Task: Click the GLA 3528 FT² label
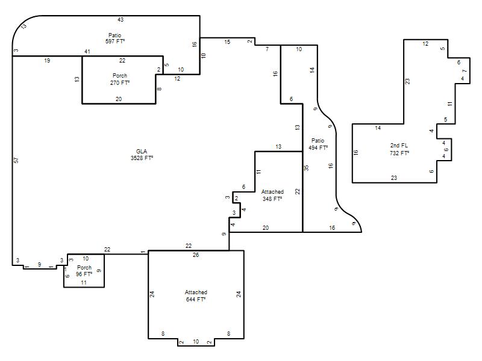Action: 142,155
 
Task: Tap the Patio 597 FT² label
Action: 115,39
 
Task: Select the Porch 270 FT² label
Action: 120,79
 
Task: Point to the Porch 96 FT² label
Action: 84,271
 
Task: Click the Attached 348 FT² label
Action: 272,195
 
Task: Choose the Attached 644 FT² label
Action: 196,295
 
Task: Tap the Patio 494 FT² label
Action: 318,144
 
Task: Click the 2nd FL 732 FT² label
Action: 399,149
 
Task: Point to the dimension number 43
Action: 120,20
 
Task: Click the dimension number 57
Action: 16,160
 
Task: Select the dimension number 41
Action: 87,52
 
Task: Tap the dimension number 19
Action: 47,61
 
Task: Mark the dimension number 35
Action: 306,168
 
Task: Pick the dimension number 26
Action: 196,255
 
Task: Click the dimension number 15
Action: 227,42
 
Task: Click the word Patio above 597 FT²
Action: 115,35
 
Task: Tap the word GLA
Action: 142,152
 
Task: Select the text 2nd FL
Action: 399,146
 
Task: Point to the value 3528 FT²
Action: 142,158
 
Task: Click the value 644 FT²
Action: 196,299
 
